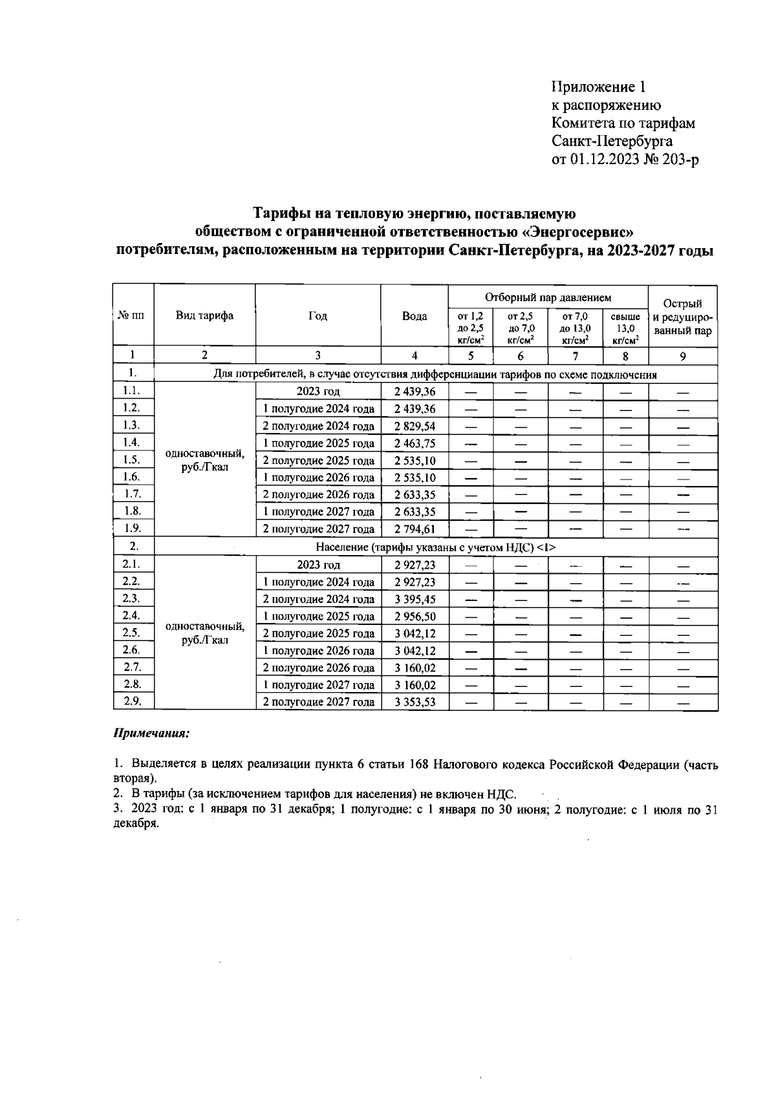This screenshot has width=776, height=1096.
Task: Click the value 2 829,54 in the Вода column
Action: [415, 427]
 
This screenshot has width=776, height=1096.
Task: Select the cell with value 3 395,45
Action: [415, 599]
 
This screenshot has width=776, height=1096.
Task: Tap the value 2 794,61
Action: [415, 529]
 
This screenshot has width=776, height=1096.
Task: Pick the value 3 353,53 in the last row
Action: [415, 702]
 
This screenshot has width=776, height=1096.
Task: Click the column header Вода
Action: [415, 316]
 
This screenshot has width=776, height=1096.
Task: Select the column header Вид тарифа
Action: [204, 316]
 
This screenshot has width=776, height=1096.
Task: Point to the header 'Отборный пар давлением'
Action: [548, 298]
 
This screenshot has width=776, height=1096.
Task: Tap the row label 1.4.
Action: [132, 443]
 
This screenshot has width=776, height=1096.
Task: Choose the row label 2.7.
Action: [132, 667]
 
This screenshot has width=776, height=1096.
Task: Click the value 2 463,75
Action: [415, 443]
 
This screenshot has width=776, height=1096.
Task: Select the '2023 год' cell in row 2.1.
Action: [318, 565]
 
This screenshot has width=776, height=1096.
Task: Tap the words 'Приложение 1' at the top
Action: [598, 87]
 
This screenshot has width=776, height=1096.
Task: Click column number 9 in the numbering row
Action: [683, 355]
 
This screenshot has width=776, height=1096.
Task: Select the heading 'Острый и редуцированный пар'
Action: [683, 317]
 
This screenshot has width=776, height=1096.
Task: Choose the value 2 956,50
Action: [415, 616]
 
